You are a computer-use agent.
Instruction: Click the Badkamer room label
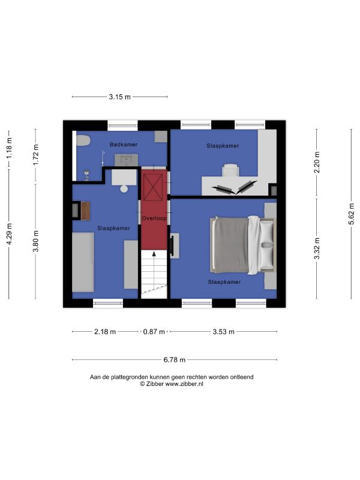pyautogui.click(x=124, y=145)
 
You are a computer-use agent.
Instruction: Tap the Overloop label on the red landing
pyautogui.click(x=154, y=218)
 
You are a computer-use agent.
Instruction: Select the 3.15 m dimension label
pyautogui.click(x=119, y=97)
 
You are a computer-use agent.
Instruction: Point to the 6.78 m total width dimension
pyautogui.click(x=175, y=359)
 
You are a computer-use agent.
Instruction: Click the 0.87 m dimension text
pyautogui.click(x=154, y=332)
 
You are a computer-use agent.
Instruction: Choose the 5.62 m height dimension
pyautogui.click(x=352, y=214)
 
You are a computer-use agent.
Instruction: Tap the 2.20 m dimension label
pyautogui.click(x=317, y=162)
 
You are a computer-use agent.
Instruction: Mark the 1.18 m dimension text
pyautogui.click(x=9, y=148)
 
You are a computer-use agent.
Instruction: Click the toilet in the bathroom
pyautogui.click(x=83, y=141)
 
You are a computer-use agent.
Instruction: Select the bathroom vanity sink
pyautogui.click(x=126, y=160)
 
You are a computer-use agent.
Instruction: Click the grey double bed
pyautogui.click(x=243, y=245)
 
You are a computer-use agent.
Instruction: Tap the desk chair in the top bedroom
pyautogui.click(x=230, y=170)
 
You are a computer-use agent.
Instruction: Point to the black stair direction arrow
pyautogui.click(x=154, y=254)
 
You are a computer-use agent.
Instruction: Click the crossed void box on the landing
pyautogui.click(x=153, y=187)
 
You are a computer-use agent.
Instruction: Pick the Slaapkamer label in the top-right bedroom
pyautogui.click(x=223, y=146)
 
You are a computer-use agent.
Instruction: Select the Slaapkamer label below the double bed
pyautogui.click(x=224, y=282)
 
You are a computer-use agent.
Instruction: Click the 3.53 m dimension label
pyautogui.click(x=223, y=332)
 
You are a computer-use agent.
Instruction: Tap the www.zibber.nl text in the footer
pyautogui.click(x=184, y=384)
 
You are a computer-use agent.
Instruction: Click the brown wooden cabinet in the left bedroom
pyautogui.click(x=85, y=211)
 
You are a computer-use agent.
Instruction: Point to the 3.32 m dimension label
pyautogui.click(x=317, y=248)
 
